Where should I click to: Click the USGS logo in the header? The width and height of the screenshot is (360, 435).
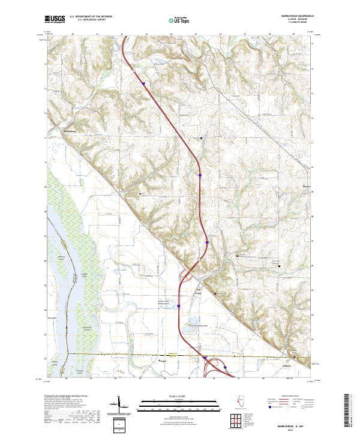[55, 19]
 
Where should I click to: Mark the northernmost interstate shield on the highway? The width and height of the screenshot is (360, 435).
[144, 83]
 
